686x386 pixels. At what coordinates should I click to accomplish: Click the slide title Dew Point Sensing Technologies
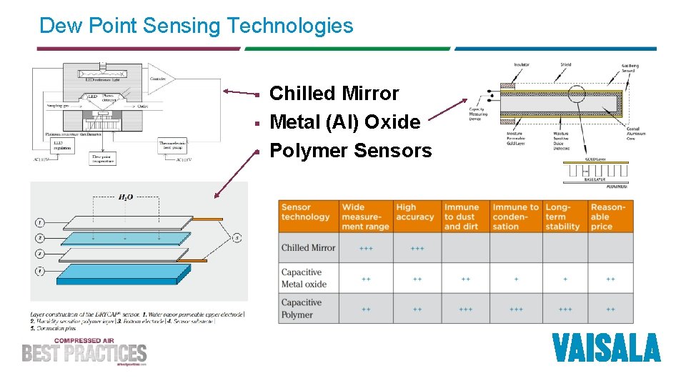point(196,26)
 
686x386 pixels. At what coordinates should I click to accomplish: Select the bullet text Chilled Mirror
point(334,94)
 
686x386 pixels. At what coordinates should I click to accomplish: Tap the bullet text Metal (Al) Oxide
point(344,122)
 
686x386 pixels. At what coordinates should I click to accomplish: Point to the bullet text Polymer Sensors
point(350,151)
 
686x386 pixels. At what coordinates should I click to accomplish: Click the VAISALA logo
point(606,348)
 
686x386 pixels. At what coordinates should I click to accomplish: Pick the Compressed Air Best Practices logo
point(84,351)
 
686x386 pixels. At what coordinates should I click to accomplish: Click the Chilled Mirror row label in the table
point(308,248)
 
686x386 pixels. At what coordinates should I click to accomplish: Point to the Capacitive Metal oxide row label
point(304,278)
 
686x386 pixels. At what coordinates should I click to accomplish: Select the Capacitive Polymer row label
point(301,309)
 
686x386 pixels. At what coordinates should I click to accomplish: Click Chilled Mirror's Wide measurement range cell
point(366,249)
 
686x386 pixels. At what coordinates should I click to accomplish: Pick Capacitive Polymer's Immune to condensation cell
point(516,310)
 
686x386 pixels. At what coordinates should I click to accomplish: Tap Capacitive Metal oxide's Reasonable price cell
point(610,279)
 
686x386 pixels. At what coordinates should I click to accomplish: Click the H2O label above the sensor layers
point(124,197)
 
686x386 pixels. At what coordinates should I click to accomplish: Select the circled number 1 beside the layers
point(41,223)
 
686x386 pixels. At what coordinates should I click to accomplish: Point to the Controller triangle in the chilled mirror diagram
point(159,78)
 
